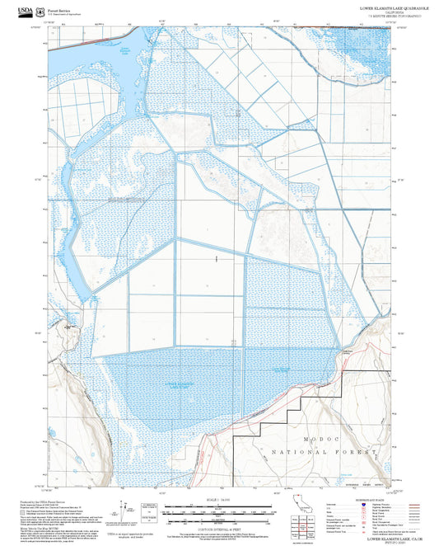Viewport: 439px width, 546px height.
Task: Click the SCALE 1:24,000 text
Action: (x=218, y=499)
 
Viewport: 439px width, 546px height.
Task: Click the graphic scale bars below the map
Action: (x=218, y=510)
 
